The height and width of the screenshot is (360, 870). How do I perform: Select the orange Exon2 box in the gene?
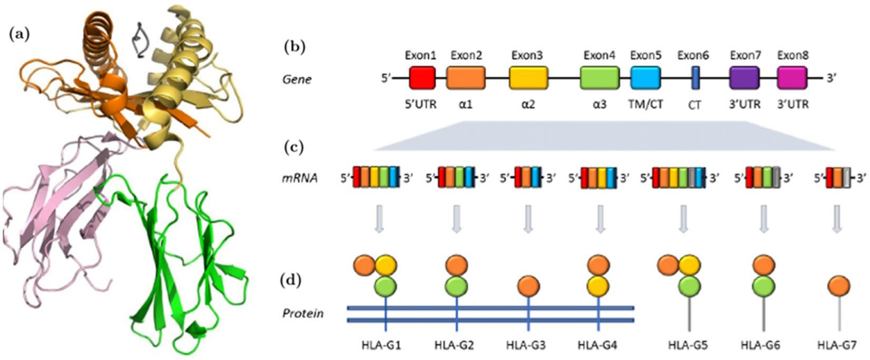(466, 78)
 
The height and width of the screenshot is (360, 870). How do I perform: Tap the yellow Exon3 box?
(528, 78)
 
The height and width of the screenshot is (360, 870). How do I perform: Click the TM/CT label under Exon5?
(646, 106)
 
